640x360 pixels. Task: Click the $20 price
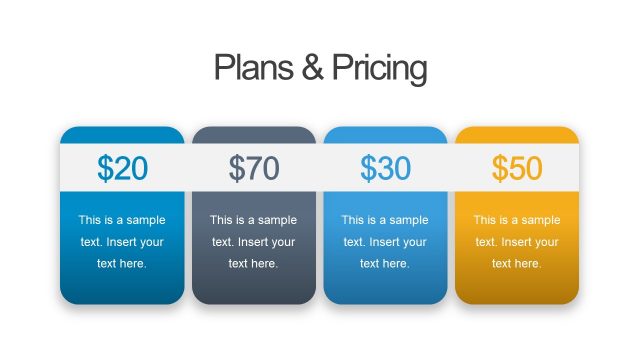coord(122,168)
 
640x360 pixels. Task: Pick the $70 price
coord(254,168)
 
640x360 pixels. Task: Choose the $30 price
coord(385,168)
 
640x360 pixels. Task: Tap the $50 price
coord(517,168)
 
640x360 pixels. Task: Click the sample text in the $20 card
coord(122,242)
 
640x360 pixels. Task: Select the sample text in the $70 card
coord(254,242)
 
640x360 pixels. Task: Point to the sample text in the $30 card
coord(385,242)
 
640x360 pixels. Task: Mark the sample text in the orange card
coord(517,242)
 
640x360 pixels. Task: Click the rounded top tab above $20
coord(122,136)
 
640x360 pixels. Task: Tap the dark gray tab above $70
coord(254,136)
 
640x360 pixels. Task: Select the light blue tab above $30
coord(385,136)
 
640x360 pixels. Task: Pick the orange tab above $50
coord(517,136)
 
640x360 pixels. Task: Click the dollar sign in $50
coord(501,168)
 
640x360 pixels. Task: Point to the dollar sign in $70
coord(238,168)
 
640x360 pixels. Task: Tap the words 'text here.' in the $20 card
coord(122,264)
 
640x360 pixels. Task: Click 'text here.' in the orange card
coord(517,264)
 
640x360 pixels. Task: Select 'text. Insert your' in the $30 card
coord(385,242)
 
